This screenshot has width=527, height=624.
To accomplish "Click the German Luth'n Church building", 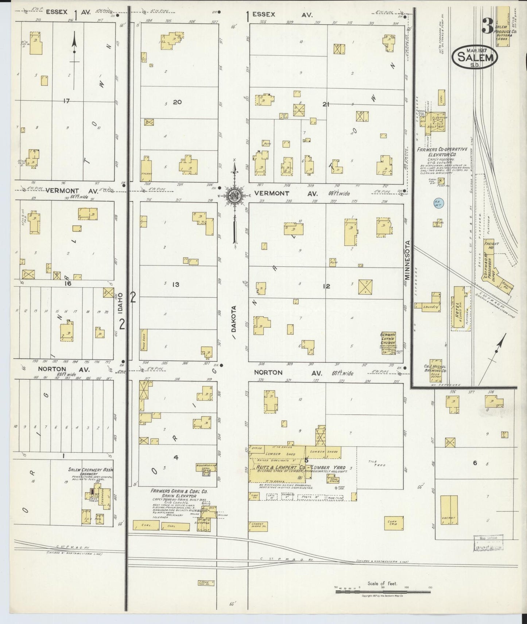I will click(x=388, y=343).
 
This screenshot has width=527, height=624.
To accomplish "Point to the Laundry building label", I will click(x=431, y=307).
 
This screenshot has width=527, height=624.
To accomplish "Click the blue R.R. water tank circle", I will click(x=437, y=202).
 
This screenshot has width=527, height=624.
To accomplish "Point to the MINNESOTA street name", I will click(x=408, y=260).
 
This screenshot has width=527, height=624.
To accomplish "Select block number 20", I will click(x=177, y=102).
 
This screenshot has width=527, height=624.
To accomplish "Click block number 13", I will click(x=176, y=284).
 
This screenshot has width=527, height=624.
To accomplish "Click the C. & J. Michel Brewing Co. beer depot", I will click(x=438, y=370).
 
